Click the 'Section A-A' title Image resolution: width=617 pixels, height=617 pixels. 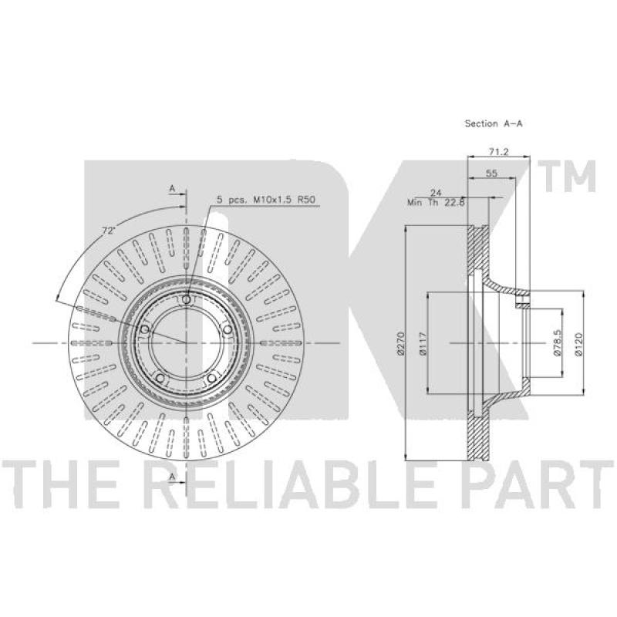tap(494, 123)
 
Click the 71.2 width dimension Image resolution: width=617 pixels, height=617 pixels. tap(498, 151)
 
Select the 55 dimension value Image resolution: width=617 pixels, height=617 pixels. tap(491, 173)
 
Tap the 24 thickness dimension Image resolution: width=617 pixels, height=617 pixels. tap(436, 193)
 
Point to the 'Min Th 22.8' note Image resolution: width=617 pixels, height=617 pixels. tap(437, 203)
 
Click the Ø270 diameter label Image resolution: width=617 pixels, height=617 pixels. tap(400, 343)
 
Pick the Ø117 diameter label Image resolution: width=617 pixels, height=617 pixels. tap(423, 343)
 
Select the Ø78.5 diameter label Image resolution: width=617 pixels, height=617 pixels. tap(557, 343)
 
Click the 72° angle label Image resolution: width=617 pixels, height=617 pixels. tap(108, 231)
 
